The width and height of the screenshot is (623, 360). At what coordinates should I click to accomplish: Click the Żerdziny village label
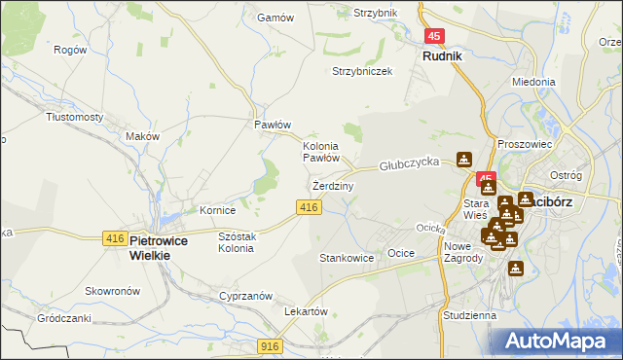tap(333, 185)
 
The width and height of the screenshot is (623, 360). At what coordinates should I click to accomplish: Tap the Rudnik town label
tap(442, 56)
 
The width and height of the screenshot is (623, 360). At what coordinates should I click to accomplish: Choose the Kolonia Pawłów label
tap(320, 152)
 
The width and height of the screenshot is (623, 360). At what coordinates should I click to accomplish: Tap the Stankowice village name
tap(347, 259)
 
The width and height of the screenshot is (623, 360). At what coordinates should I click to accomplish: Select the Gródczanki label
tap(63, 318)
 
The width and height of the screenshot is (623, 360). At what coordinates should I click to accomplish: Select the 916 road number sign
tap(272, 346)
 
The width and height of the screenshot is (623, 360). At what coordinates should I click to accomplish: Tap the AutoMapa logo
tap(563, 341)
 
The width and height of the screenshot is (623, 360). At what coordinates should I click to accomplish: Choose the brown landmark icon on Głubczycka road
tap(464, 160)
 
